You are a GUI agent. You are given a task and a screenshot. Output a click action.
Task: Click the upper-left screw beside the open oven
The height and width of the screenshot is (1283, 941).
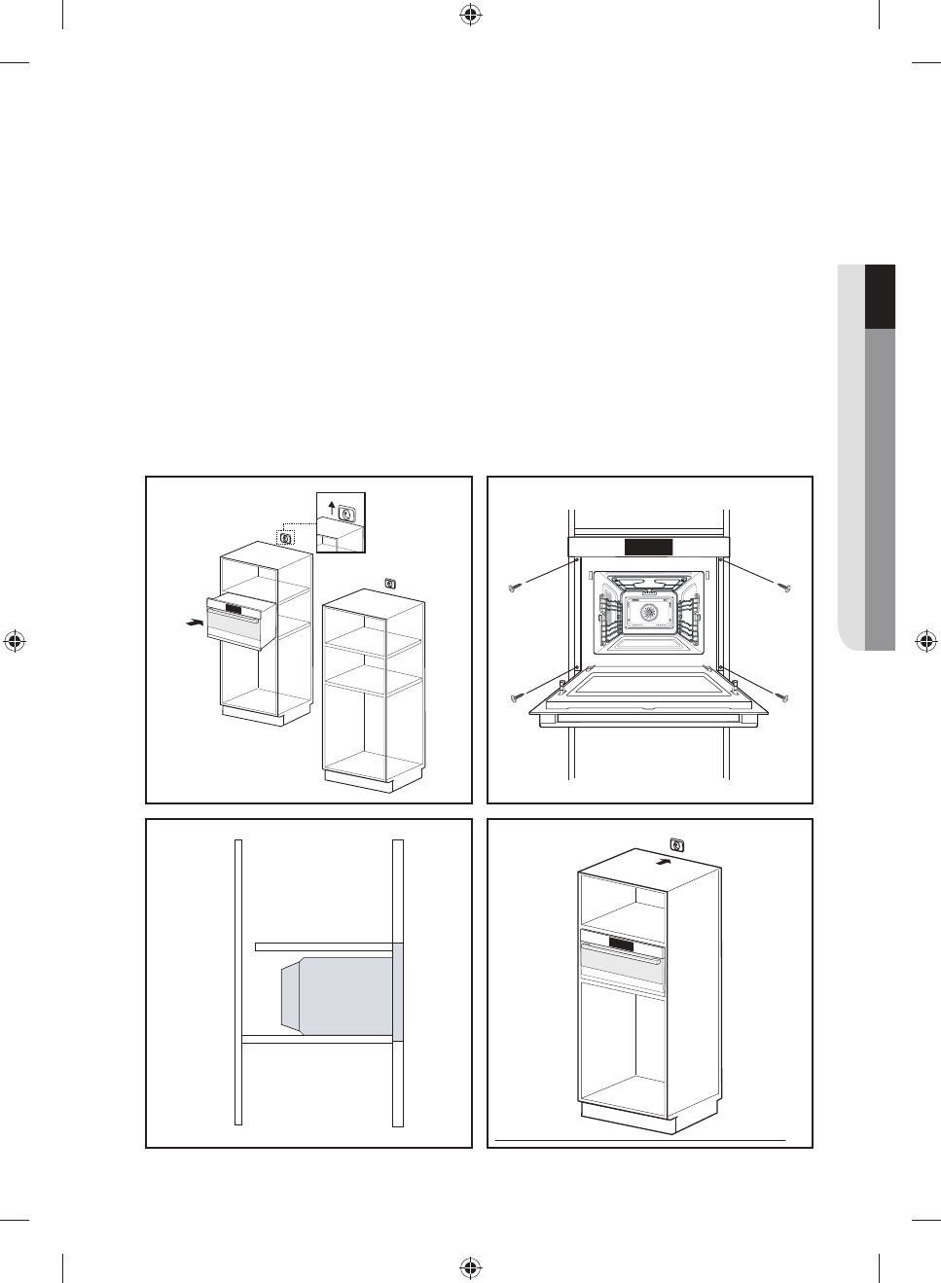point(516,587)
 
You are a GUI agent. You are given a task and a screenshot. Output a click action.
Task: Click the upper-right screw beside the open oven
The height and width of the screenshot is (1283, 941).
point(784,587)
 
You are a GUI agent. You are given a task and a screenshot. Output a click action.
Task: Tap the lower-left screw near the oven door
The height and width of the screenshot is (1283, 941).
point(516,696)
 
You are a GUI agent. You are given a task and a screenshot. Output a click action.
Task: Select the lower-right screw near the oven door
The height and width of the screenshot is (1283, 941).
point(784,696)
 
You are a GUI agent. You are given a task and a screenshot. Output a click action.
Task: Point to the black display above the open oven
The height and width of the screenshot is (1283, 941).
point(648,547)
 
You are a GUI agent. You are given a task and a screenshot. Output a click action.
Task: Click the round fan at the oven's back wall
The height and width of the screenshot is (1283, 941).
point(648,613)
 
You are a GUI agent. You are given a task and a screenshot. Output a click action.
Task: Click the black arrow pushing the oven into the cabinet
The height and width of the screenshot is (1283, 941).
point(194,621)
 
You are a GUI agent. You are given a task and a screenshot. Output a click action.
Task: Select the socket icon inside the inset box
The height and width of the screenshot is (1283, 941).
point(347,509)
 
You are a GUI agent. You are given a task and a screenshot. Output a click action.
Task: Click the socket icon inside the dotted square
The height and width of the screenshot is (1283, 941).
point(285,537)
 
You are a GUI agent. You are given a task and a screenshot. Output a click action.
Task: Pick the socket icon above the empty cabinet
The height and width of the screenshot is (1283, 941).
point(389,584)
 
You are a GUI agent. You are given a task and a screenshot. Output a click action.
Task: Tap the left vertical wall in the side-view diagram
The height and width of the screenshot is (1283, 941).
point(237,982)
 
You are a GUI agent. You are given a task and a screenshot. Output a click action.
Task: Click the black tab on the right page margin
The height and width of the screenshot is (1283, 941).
point(880,297)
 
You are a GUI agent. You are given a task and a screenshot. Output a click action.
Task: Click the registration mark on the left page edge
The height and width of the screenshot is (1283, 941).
point(15,641)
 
